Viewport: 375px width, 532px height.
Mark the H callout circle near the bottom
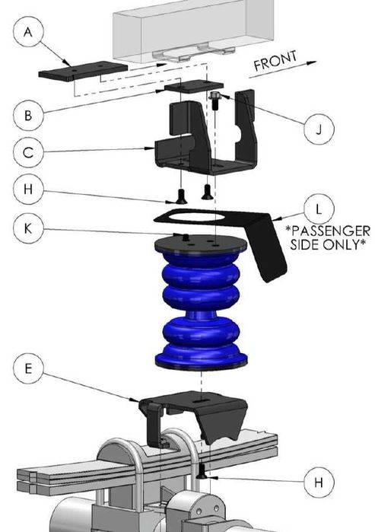click(x=318, y=481)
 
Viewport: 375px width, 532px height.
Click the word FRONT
click(x=275, y=62)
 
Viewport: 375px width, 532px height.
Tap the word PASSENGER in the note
click(x=331, y=230)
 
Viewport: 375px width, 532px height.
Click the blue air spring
click(x=200, y=304)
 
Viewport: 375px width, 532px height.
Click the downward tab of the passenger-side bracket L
click(x=270, y=255)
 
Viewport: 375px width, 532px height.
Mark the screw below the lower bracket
click(x=201, y=474)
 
